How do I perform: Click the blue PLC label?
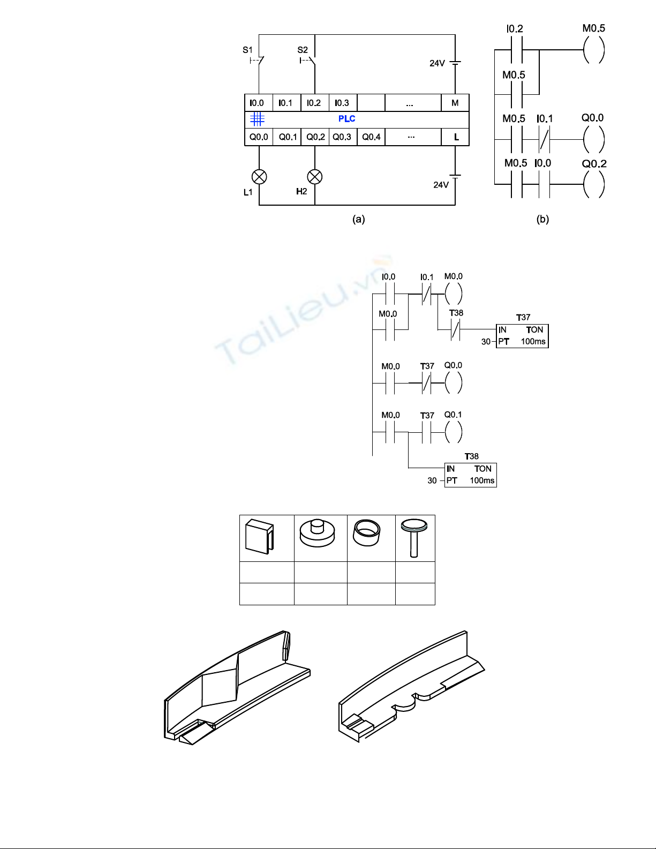coord(347,119)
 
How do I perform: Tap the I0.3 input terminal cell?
coord(343,103)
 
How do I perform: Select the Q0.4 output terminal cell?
coord(371,137)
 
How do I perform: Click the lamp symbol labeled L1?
coord(259,177)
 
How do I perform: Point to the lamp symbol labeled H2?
coord(315,177)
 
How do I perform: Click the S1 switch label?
coord(247,50)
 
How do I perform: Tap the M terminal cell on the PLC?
coord(455,103)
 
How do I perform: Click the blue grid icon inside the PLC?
coord(258,119)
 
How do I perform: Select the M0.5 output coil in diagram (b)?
coord(594,50)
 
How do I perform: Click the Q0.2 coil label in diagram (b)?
coord(594,164)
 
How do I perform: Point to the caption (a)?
coord(358,219)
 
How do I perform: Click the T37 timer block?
coord(522,336)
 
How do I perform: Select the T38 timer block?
coord(471,475)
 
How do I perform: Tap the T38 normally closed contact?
coord(455,330)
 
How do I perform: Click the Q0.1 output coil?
coord(454,432)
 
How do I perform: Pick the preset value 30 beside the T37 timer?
coord(486,342)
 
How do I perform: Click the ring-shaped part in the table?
coord(367,532)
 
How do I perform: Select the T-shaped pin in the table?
coord(414,538)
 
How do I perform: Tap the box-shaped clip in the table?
coord(259,536)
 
